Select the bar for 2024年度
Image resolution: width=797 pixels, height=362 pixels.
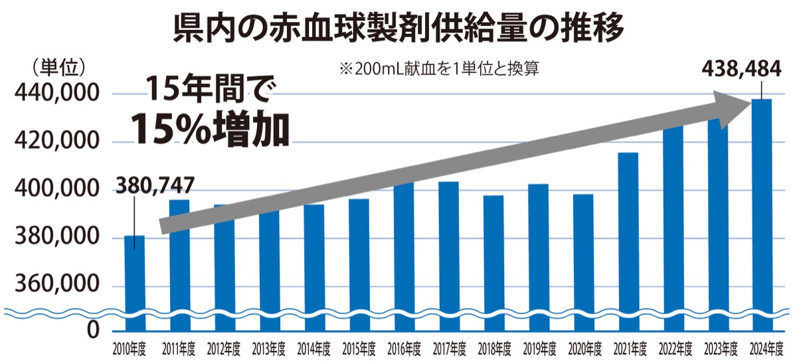tap(762, 213)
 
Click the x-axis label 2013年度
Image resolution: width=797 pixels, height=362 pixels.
tap(269, 348)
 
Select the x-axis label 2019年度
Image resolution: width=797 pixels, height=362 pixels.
tap(538, 348)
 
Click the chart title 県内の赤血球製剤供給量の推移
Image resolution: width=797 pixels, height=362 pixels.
tap(398, 28)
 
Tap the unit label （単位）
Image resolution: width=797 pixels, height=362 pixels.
tap(56, 66)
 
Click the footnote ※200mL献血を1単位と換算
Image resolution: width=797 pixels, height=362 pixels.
tap(438, 68)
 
